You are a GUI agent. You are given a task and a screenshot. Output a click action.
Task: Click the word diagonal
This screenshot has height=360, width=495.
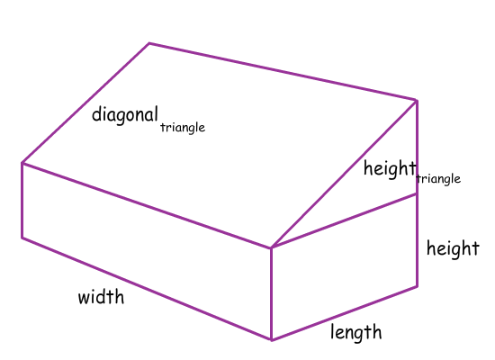pyautogui.click(x=125, y=115)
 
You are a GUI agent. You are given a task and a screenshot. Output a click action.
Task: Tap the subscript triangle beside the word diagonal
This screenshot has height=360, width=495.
pyautogui.click(x=183, y=128)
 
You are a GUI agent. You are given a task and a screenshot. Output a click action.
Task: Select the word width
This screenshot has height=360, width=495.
pyautogui.click(x=101, y=296)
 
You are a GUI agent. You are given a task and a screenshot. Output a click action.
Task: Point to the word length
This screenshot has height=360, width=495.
pyautogui.click(x=356, y=333)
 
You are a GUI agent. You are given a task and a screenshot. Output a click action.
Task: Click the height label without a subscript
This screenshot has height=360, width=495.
pyautogui.click(x=453, y=248)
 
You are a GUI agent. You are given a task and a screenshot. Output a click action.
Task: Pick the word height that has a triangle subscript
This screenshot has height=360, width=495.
pyautogui.click(x=390, y=169)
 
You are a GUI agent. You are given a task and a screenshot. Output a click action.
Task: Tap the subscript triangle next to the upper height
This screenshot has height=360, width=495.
pyautogui.click(x=438, y=179)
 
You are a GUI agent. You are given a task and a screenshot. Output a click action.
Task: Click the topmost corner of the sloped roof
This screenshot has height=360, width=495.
pyautogui.click(x=149, y=43)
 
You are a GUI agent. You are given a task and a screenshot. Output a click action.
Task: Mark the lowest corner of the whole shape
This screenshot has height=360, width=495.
pyautogui.click(x=272, y=340)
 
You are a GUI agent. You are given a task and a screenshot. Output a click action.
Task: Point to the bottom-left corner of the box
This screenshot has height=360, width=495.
pyautogui.click(x=22, y=238)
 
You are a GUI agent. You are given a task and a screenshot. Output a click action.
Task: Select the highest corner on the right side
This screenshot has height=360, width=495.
pyautogui.click(x=417, y=101)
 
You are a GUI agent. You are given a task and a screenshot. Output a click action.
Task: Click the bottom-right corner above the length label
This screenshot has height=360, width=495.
pyautogui.click(x=418, y=286)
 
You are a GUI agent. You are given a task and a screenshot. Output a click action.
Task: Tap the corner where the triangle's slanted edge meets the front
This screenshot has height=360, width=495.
pyautogui.click(x=272, y=247)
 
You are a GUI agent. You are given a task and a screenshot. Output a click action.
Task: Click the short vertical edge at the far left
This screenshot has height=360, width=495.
pyautogui.click(x=22, y=200)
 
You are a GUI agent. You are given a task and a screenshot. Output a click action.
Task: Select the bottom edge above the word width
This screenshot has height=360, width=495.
pyautogui.click(x=147, y=289)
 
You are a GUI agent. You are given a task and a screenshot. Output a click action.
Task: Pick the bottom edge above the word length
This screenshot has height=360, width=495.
pyautogui.click(x=345, y=313)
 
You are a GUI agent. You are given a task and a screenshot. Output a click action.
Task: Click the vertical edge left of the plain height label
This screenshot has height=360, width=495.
pyautogui.click(x=418, y=240)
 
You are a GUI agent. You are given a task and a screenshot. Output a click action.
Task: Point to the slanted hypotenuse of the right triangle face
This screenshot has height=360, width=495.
pyautogui.click(x=344, y=174)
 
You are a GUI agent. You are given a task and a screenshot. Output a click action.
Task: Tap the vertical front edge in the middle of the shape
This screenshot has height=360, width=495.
pyautogui.click(x=272, y=293)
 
